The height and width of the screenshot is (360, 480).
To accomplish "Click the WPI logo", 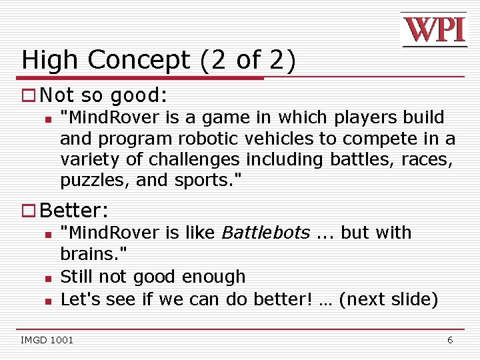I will tap(434, 30).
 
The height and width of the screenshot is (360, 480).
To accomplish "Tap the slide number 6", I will tap(450, 340).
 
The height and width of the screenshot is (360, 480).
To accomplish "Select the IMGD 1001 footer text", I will tap(47, 341).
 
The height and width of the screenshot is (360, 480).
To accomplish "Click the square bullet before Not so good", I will tap(28, 95).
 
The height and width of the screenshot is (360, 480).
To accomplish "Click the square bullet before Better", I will tap(28, 211).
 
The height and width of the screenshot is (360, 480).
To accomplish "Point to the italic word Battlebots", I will tap(265, 233).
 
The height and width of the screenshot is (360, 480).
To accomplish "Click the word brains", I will tap(93, 254).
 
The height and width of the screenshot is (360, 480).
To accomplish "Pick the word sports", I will tap(206, 181).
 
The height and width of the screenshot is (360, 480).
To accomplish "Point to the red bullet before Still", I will tap(48, 277).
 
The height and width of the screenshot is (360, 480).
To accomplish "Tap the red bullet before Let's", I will tap(48, 299).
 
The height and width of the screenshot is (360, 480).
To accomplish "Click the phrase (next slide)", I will tap(389, 299).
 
